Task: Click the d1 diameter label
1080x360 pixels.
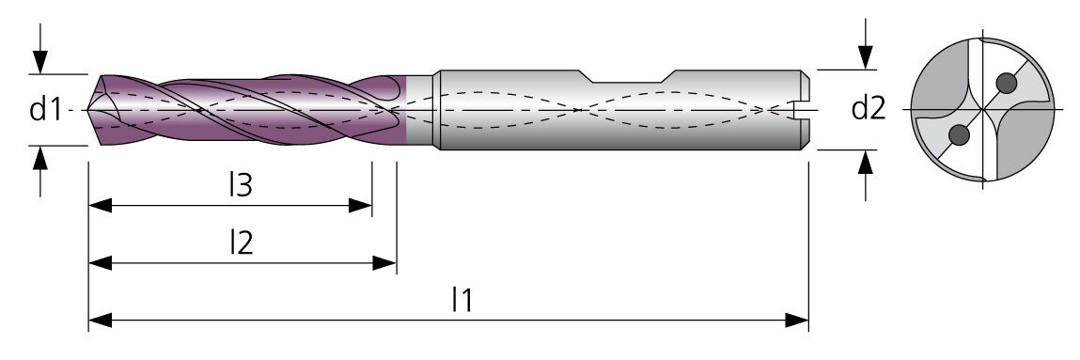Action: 45,109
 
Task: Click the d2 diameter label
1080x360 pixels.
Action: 869,109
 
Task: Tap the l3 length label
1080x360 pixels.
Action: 241,185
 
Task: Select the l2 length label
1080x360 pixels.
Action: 241,243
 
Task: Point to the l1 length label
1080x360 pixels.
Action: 462,300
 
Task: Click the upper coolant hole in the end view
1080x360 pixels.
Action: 1007,84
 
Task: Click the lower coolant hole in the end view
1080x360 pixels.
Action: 959,135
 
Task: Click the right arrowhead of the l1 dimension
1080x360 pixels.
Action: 797,321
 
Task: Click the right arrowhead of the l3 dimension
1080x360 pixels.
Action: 360,205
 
